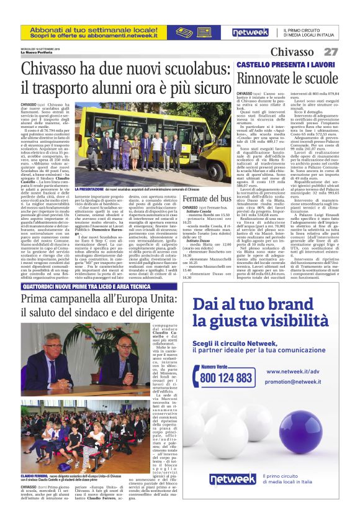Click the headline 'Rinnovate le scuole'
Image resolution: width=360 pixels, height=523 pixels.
286,78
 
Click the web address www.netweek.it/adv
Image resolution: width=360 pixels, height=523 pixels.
292,372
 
